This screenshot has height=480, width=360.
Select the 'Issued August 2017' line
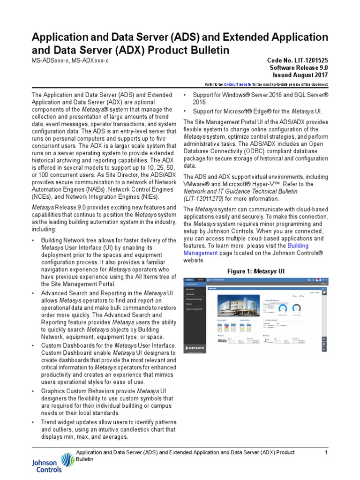(x=300, y=75)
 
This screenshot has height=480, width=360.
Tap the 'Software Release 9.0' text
(x=299, y=68)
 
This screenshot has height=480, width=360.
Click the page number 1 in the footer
(x=325, y=452)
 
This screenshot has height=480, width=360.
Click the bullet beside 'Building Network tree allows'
(x=33, y=240)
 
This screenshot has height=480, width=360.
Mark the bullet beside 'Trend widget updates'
(x=33, y=422)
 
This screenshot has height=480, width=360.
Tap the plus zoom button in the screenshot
(x=323, y=339)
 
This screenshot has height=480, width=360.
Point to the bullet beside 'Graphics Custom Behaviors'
(x=33, y=390)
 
